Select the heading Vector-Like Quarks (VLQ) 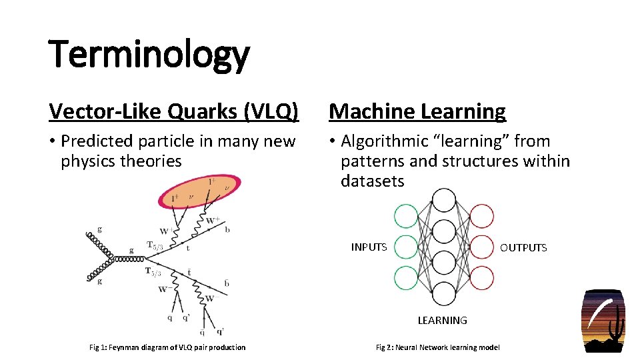(x=173, y=111)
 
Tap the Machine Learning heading (x=417, y=111)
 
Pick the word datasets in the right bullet (x=372, y=181)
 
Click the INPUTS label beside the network (x=369, y=247)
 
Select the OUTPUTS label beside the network (x=523, y=248)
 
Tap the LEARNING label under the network (x=442, y=321)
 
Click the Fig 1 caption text (x=167, y=347)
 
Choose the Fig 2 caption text (x=438, y=347)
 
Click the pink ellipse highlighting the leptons (x=200, y=191)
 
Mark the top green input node (x=406, y=216)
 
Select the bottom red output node (x=482, y=277)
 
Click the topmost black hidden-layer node (x=444, y=200)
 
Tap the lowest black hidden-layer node (x=444, y=293)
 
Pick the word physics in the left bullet (x=88, y=161)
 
